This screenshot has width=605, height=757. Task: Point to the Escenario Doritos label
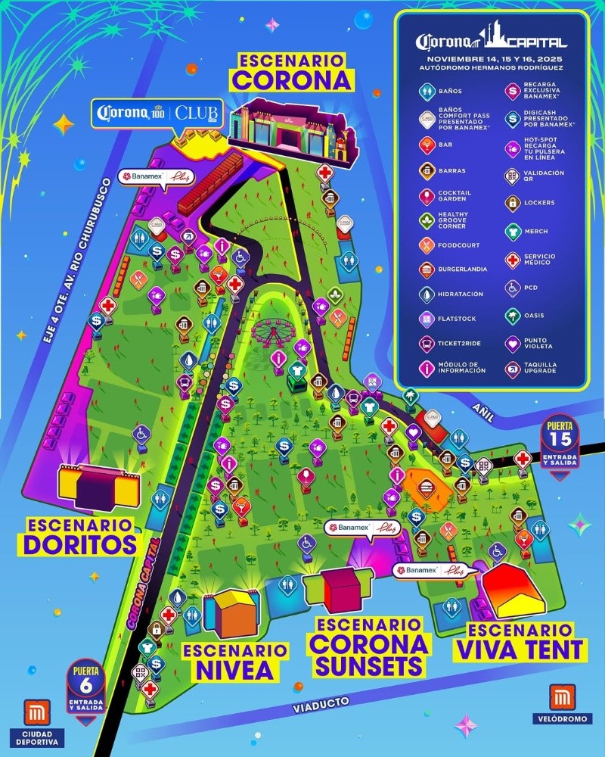coord(79,535)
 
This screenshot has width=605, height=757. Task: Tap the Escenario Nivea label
coord(235,660)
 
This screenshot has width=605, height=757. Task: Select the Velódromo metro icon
coord(561,697)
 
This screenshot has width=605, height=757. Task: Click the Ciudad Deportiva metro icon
coord(36,714)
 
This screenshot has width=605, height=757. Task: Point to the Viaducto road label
coord(321,705)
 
